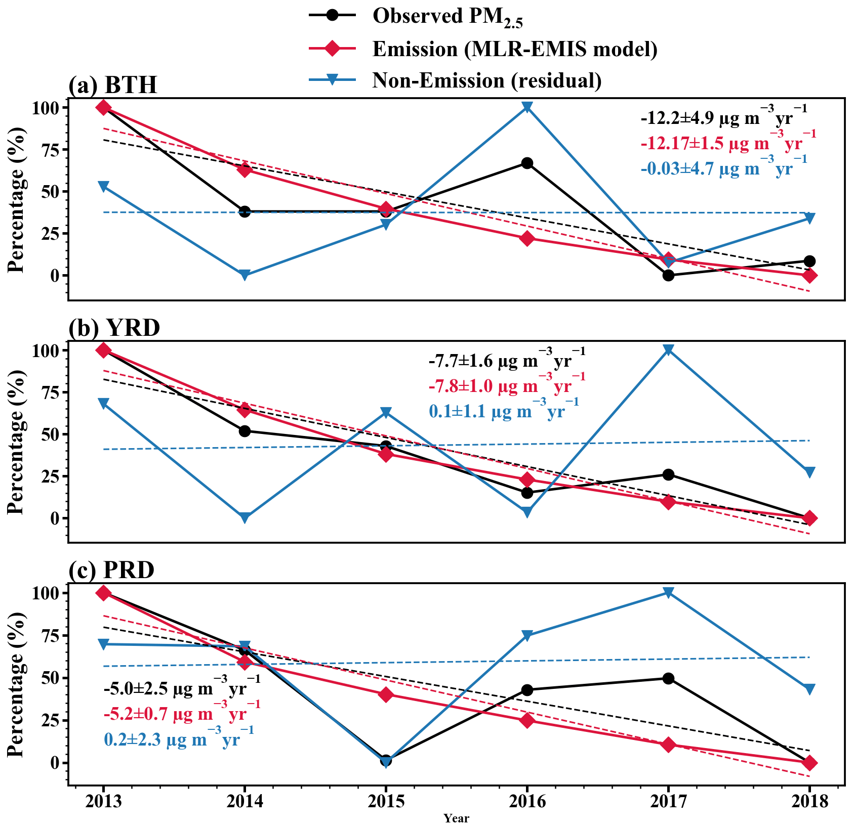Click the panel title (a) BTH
[113, 85]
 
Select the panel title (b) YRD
[114, 328]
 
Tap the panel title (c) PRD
[111, 571]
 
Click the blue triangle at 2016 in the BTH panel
[527, 107]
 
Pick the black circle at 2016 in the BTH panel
[527, 163]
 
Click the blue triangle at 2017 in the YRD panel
[668, 350]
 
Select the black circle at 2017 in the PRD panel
[668, 678]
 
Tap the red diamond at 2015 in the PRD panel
[386, 694]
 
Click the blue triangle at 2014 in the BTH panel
[245, 275]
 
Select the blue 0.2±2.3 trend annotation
[179, 740]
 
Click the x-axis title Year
[456, 818]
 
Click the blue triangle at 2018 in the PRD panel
[809, 689]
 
